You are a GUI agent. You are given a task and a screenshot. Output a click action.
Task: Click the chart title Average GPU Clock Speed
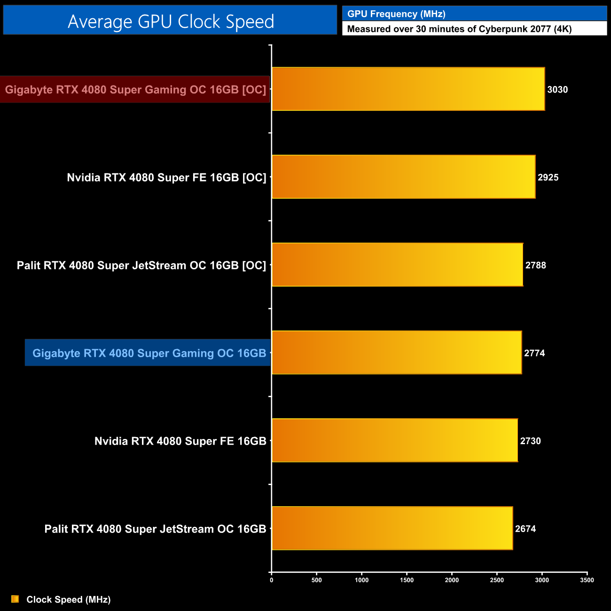coord(171,22)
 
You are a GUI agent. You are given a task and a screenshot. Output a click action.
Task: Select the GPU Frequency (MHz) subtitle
coord(396,14)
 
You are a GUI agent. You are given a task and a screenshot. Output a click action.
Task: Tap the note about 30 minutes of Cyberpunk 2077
coord(459,29)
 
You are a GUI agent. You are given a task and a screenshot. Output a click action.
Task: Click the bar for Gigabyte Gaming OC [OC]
coord(408,89)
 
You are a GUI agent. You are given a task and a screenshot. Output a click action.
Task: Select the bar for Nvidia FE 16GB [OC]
coord(403,177)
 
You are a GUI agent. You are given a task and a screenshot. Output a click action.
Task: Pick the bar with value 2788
coord(397,265)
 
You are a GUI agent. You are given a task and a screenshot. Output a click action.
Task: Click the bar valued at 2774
coord(397,352)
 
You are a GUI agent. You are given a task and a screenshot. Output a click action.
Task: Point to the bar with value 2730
coord(395,440)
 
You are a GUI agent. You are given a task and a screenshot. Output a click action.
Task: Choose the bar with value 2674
coord(392,528)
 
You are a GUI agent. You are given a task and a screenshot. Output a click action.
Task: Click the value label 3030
coord(557,90)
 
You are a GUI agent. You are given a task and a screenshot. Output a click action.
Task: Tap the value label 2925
coord(548,178)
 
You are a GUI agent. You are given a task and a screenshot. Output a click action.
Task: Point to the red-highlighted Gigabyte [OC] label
coord(135,89)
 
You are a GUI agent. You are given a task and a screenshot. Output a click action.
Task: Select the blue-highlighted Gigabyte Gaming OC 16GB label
coord(149,353)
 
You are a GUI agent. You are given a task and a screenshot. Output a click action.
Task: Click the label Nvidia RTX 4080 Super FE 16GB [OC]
coord(166,178)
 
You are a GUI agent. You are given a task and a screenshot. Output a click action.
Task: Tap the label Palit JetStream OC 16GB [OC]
coord(141,266)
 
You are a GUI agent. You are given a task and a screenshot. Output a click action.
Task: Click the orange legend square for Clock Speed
coord(15,599)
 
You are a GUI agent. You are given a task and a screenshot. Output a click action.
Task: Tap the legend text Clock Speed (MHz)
coord(69,600)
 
